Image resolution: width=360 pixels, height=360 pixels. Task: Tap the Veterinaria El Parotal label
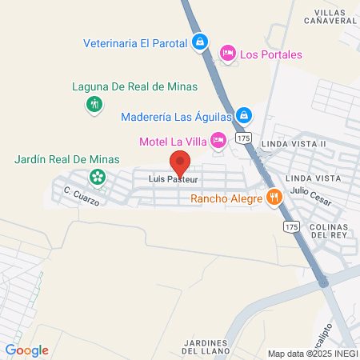coord(136,42)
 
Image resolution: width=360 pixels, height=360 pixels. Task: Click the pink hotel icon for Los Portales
coord(227,54)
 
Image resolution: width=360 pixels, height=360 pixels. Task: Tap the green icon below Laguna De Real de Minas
coord(94,104)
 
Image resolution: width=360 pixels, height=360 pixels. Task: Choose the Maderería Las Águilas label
coord(176,116)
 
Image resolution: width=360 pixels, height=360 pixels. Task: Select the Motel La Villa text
coord(173,142)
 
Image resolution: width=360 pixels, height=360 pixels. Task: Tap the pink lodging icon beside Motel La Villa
coord(218,140)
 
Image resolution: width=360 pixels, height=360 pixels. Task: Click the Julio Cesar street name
coord(310,191)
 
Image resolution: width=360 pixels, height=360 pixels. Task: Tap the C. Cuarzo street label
coord(81,196)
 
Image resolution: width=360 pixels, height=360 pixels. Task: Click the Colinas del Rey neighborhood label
coord(326,231)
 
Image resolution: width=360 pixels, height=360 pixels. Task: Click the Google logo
coord(27,350)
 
